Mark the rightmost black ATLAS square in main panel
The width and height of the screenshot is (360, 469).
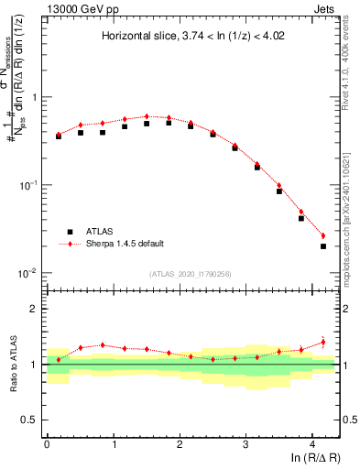coord(323,245)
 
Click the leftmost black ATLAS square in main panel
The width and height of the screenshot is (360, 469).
coord(59,136)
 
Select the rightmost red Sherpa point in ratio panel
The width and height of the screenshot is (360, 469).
coord(323,342)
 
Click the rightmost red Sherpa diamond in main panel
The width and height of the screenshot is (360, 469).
coord(323,235)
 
